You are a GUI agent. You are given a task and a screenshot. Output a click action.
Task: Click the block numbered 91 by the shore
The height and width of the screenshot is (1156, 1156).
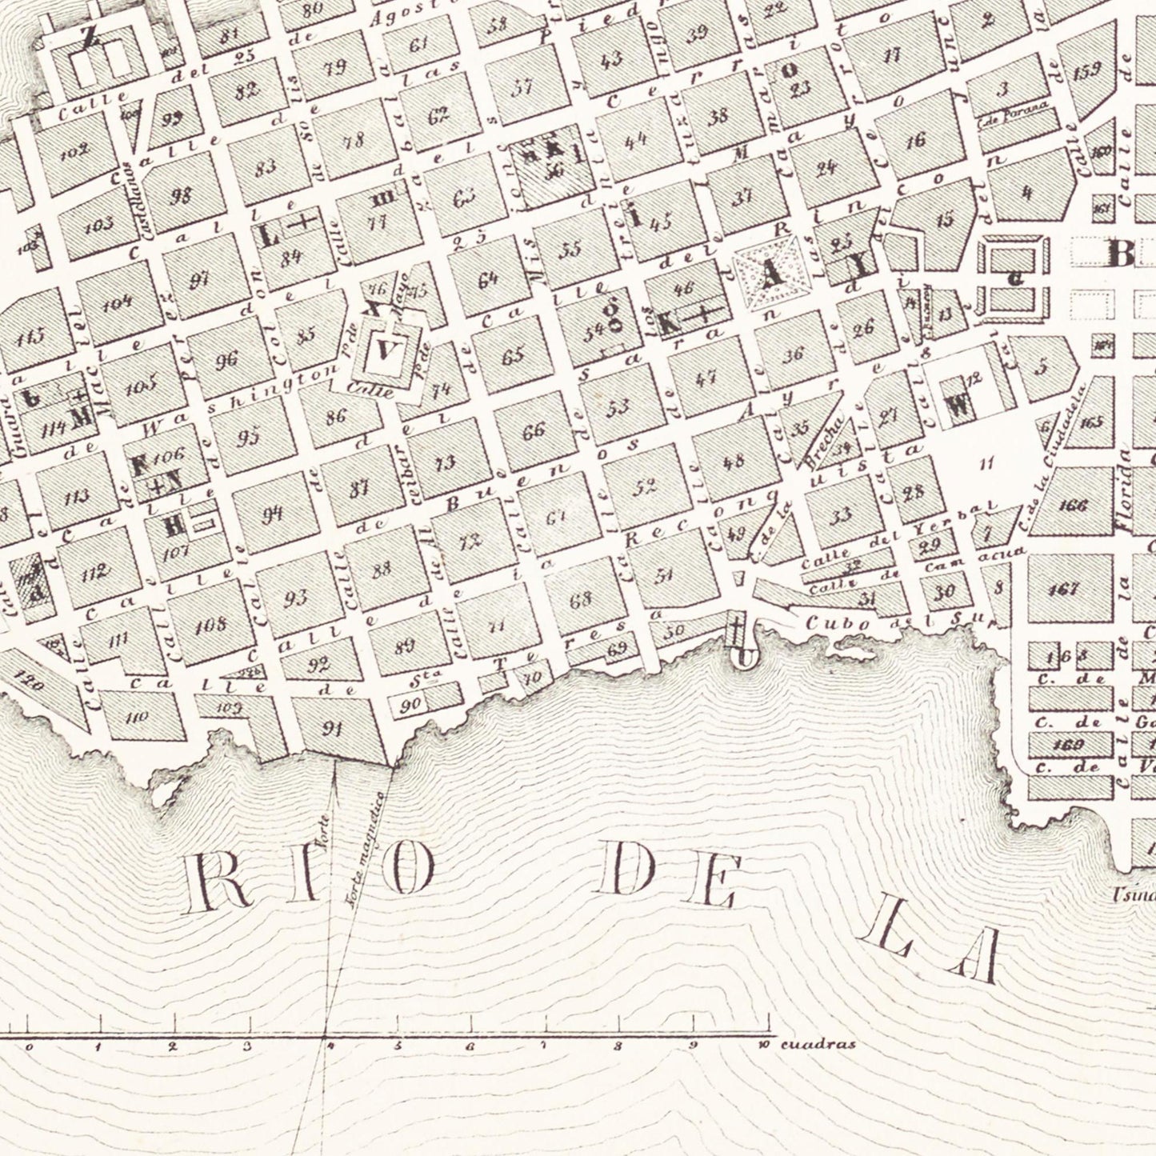[332, 728]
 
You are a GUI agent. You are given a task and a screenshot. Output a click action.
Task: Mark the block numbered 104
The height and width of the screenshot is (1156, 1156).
[118, 303]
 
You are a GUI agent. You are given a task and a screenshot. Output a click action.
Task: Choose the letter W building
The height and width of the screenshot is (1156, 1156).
[958, 406]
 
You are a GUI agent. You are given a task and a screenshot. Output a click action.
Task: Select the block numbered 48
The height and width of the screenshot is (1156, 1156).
[734, 461]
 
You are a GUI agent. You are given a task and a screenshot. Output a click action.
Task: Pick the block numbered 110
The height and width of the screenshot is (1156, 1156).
[138, 717]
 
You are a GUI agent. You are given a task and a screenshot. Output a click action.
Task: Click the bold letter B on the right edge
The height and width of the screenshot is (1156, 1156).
[1120, 254]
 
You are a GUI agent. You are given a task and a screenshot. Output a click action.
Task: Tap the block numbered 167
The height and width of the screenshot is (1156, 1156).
[1068, 590]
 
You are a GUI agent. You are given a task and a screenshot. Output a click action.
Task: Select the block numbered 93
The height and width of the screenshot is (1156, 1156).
[296, 597]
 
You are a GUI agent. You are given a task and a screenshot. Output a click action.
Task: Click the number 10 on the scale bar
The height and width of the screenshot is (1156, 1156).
[765, 1045]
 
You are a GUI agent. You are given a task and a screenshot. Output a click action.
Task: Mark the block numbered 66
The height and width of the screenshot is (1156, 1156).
[534, 433]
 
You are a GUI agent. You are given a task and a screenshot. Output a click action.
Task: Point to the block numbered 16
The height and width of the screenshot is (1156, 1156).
[916, 141]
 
